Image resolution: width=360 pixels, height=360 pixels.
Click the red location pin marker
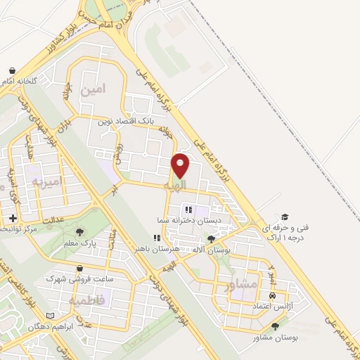(181, 166)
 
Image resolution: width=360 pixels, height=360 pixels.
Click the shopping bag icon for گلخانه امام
(13, 70)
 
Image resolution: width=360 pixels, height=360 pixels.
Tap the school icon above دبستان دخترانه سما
(188, 209)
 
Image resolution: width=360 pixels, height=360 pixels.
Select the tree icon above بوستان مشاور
(275, 326)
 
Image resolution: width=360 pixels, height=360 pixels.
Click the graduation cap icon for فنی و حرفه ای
(285, 217)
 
